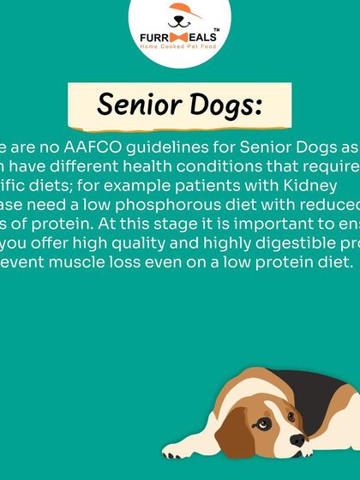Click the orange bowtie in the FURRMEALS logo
[x=180, y=37]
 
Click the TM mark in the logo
[x=214, y=28]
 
